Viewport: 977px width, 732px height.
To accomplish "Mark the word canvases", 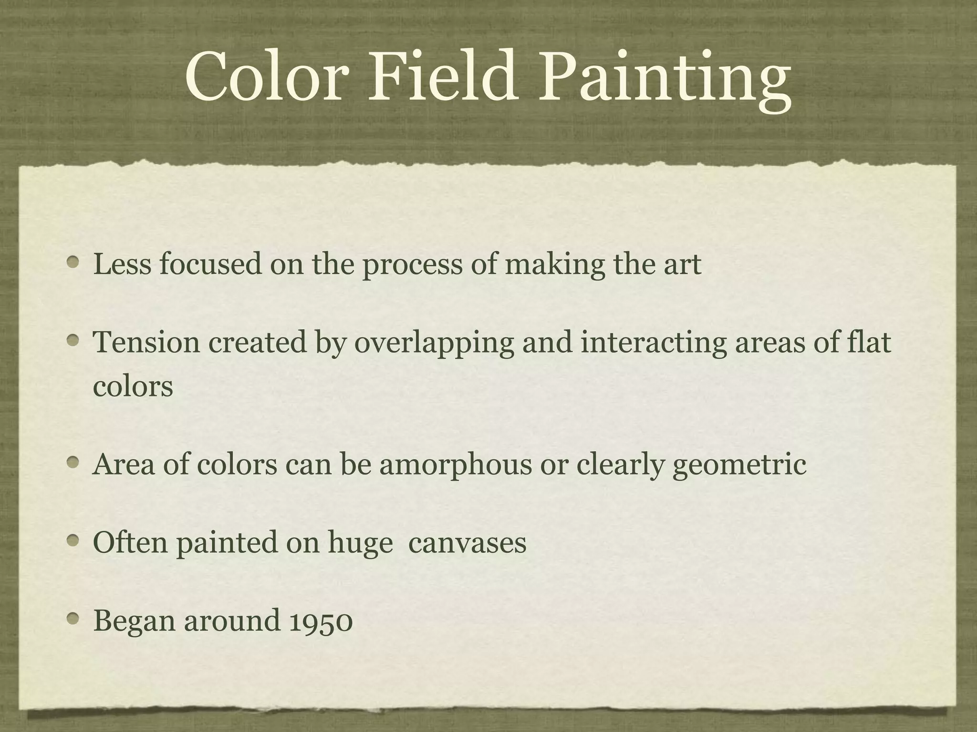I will (x=468, y=543).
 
